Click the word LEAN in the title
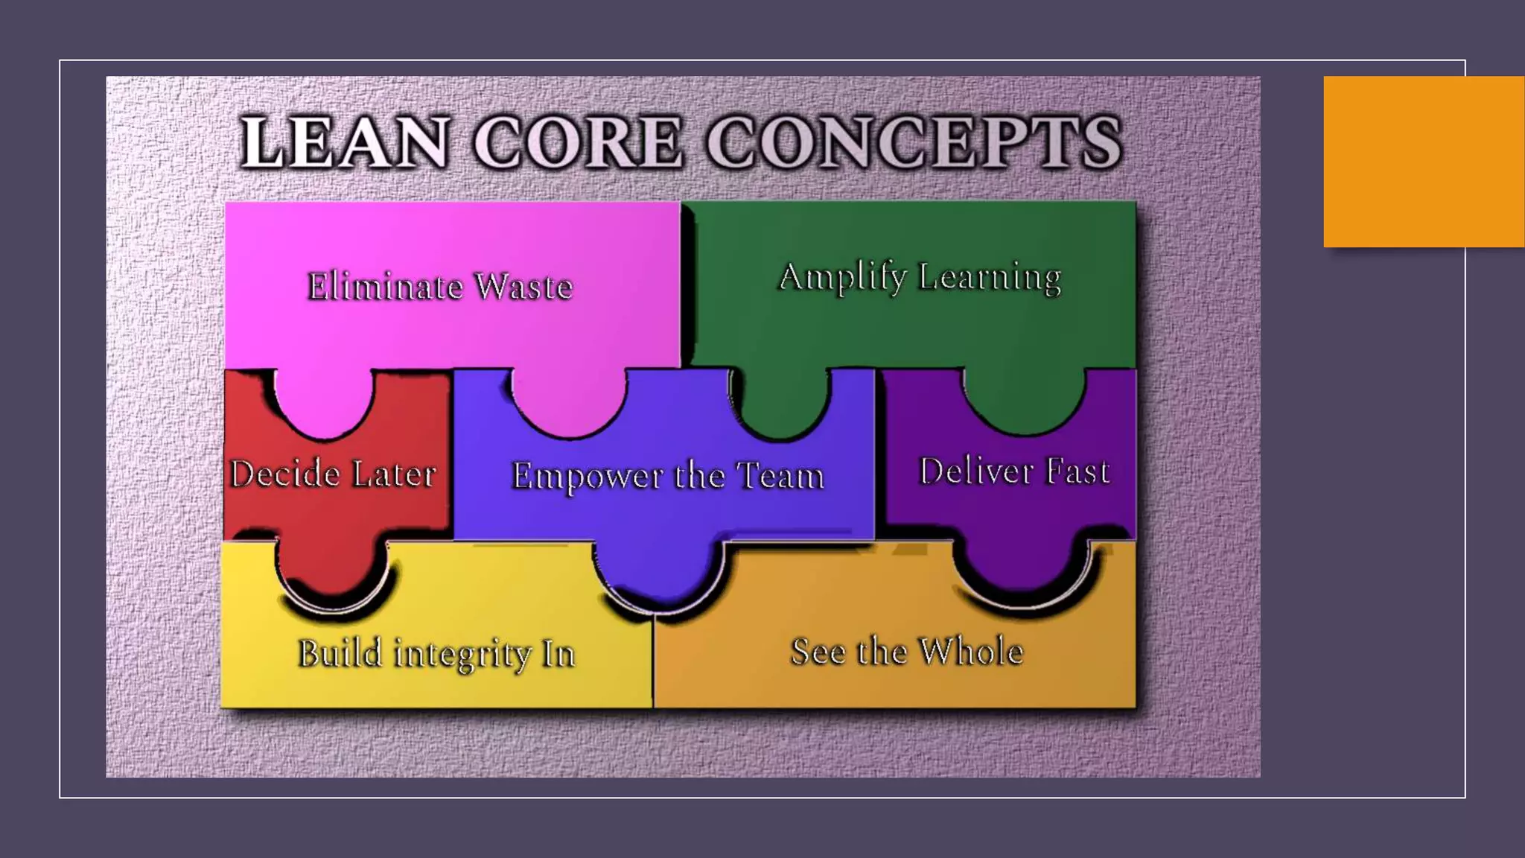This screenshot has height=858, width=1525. (345, 142)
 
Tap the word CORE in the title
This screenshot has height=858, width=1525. (578, 142)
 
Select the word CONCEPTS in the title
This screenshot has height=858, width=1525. (914, 142)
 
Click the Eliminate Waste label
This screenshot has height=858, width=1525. (440, 286)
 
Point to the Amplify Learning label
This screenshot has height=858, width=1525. (920, 277)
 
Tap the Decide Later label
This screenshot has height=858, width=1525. (333, 474)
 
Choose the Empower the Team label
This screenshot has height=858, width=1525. (668, 475)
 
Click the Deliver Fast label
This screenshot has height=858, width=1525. (1014, 471)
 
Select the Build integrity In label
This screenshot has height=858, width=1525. (436, 653)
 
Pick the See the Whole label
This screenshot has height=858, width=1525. (907, 651)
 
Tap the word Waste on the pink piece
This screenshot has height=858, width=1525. (524, 286)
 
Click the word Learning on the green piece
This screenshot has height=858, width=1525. (990, 277)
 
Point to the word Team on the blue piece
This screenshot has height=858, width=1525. (780, 475)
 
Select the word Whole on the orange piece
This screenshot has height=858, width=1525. (971, 651)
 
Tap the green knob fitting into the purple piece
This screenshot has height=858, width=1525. (1025, 402)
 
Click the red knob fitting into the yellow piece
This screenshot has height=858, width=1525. (333, 570)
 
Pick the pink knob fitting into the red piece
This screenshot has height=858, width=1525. (325, 406)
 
